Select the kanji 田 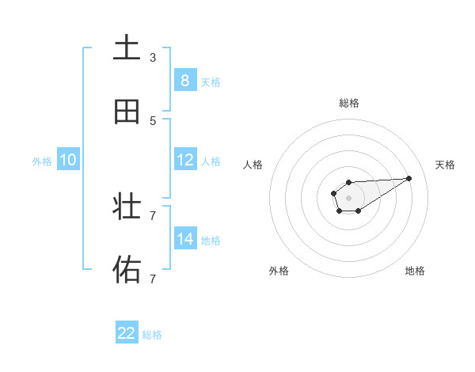click(x=127, y=112)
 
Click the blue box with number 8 click(x=184, y=80)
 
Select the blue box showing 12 click(x=184, y=159)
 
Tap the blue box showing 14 click(x=184, y=238)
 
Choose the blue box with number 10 click(x=68, y=160)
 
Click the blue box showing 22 click(x=127, y=333)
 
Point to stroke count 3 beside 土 click(x=153, y=58)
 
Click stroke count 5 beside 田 click(x=153, y=121)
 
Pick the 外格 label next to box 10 click(x=42, y=161)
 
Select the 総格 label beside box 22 click(x=152, y=335)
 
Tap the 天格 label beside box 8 click(x=210, y=82)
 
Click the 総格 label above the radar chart click(x=349, y=103)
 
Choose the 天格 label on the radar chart click(x=445, y=165)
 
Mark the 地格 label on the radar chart click(x=415, y=271)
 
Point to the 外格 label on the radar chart click(x=279, y=271)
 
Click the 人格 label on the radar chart click(x=253, y=165)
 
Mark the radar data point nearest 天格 click(x=409, y=178)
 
